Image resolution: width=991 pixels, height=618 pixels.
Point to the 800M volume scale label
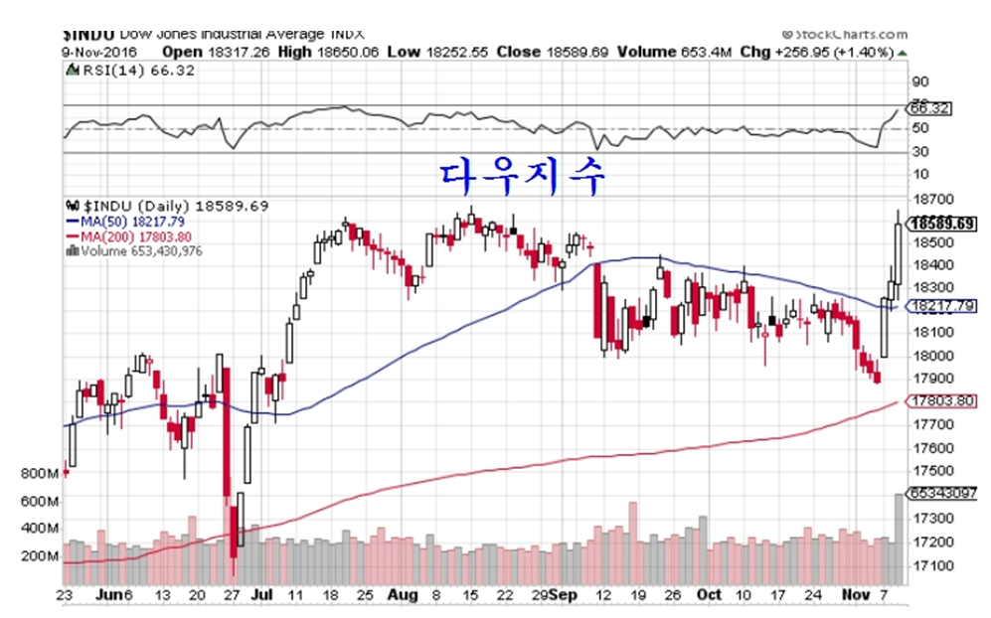pos(39,474)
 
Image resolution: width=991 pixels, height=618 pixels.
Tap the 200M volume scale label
pos(39,555)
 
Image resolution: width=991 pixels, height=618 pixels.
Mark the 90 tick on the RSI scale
pos(920,81)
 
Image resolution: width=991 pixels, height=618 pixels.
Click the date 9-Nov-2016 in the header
pos(100,51)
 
